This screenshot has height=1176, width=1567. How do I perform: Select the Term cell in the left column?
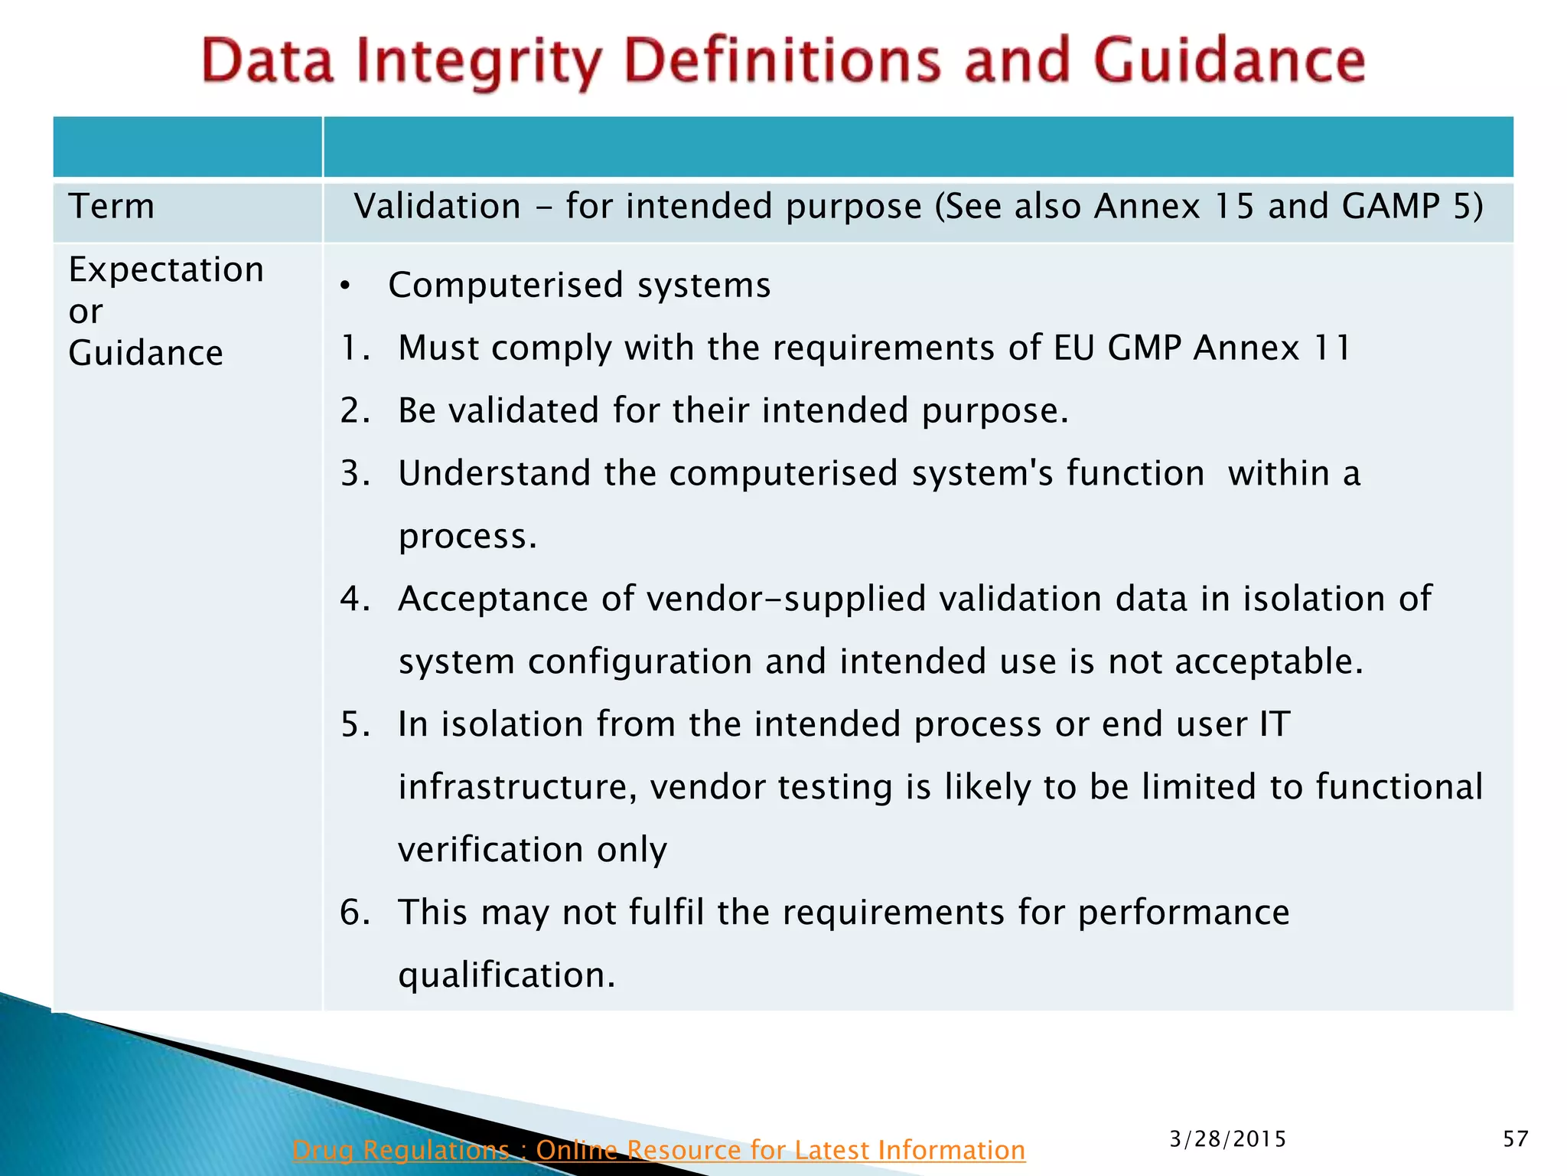click(x=112, y=207)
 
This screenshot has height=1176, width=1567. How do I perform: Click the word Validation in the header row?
click(x=438, y=207)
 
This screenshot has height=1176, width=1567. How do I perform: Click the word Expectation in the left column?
click(x=166, y=270)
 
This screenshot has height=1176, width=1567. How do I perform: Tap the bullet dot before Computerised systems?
click(x=346, y=286)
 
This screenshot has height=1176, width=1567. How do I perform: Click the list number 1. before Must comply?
click(x=355, y=348)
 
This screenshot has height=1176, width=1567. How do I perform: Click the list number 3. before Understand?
click(x=355, y=474)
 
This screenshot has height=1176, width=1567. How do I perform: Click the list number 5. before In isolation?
click(x=355, y=725)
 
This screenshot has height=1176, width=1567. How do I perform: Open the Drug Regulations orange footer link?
click(x=658, y=1150)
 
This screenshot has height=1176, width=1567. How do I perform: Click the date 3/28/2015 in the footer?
click(x=1227, y=1139)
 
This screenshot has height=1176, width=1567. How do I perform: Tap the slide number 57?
click(x=1515, y=1139)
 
